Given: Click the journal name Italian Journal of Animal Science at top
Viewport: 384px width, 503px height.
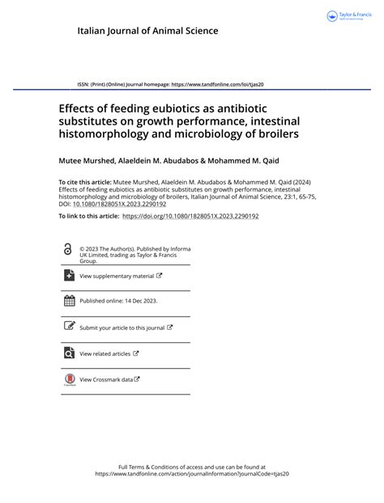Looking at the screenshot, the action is [x=147, y=31].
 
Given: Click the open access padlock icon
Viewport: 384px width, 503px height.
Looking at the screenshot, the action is [x=68, y=250].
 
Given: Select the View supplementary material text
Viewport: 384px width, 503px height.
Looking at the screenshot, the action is [x=117, y=276].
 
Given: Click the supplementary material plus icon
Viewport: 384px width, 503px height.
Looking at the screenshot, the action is [x=68, y=276].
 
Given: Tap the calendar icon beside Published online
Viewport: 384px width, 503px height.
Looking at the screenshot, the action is [x=68, y=301].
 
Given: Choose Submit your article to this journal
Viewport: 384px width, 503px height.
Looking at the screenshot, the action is [x=122, y=328].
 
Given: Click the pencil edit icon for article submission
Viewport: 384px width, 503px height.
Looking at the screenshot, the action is [x=68, y=327].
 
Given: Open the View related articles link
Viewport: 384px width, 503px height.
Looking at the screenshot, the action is [x=106, y=353].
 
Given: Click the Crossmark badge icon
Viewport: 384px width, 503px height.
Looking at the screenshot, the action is [x=68, y=380].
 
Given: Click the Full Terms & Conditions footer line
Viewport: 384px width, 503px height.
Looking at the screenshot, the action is [x=191, y=467].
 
